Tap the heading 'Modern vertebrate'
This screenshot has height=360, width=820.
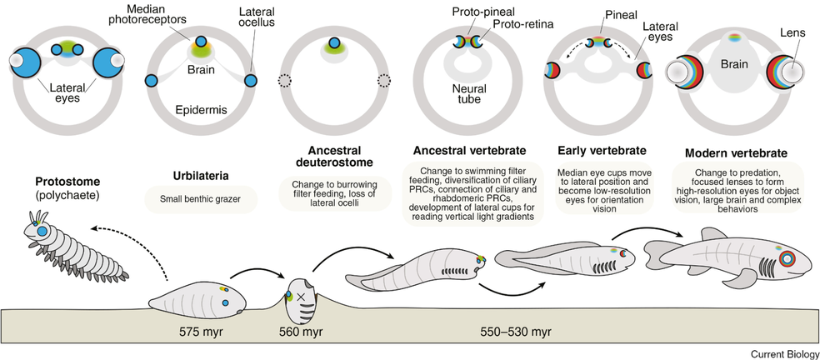737,154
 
